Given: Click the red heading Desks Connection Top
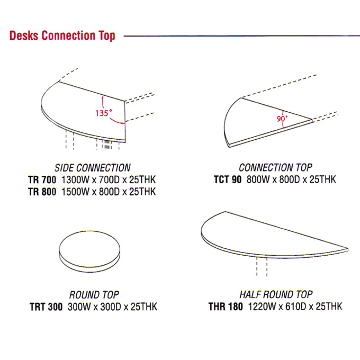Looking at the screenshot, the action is (x=62, y=36).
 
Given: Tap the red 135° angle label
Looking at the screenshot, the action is (x=104, y=113).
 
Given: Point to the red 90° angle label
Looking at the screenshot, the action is (x=282, y=119).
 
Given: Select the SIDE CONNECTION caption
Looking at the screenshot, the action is (x=93, y=168).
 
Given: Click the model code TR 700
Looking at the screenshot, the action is (x=42, y=180).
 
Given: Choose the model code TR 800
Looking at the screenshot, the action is (x=42, y=192).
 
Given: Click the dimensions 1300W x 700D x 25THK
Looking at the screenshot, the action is (x=109, y=180).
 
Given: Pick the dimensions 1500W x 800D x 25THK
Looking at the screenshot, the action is (x=109, y=192).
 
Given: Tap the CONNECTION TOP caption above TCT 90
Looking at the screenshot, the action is (x=275, y=168).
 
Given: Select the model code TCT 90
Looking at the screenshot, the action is (x=228, y=179).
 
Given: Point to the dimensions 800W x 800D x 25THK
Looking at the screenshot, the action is (x=291, y=179).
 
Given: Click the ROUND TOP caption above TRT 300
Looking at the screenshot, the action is (x=94, y=295).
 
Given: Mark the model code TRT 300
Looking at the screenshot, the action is (x=46, y=307).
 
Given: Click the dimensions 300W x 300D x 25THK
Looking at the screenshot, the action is (x=112, y=307).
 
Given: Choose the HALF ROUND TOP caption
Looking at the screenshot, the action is (x=276, y=294).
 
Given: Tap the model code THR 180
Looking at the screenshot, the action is (x=226, y=307).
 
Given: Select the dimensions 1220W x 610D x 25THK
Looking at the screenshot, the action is (x=295, y=307).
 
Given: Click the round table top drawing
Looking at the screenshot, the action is (x=89, y=251).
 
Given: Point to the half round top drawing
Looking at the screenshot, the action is (x=274, y=235).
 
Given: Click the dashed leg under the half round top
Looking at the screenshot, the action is (x=262, y=267).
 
